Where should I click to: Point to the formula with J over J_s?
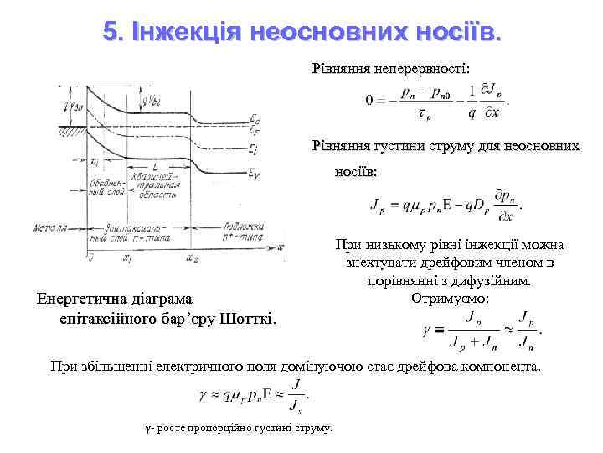pos(252,393)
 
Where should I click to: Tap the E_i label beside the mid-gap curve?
pos(254,148)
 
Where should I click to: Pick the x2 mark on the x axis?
pos(193,258)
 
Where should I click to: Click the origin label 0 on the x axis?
pos(89,257)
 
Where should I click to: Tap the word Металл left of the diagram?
pos(50,228)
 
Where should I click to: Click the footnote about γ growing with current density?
pos(239,429)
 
